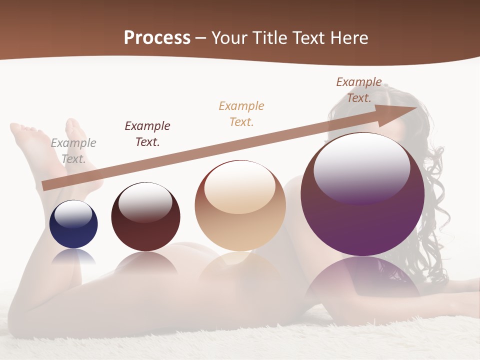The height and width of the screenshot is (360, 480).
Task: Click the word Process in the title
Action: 157,37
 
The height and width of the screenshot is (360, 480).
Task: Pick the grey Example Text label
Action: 73,150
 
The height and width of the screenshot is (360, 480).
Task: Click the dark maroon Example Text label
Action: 147,133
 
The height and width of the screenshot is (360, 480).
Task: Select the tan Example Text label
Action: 241,113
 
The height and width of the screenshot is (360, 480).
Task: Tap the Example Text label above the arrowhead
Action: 358,89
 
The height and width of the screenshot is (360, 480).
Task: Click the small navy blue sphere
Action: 73,232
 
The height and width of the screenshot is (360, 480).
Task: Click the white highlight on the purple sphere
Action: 361,167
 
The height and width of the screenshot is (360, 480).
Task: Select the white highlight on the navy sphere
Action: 73,214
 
